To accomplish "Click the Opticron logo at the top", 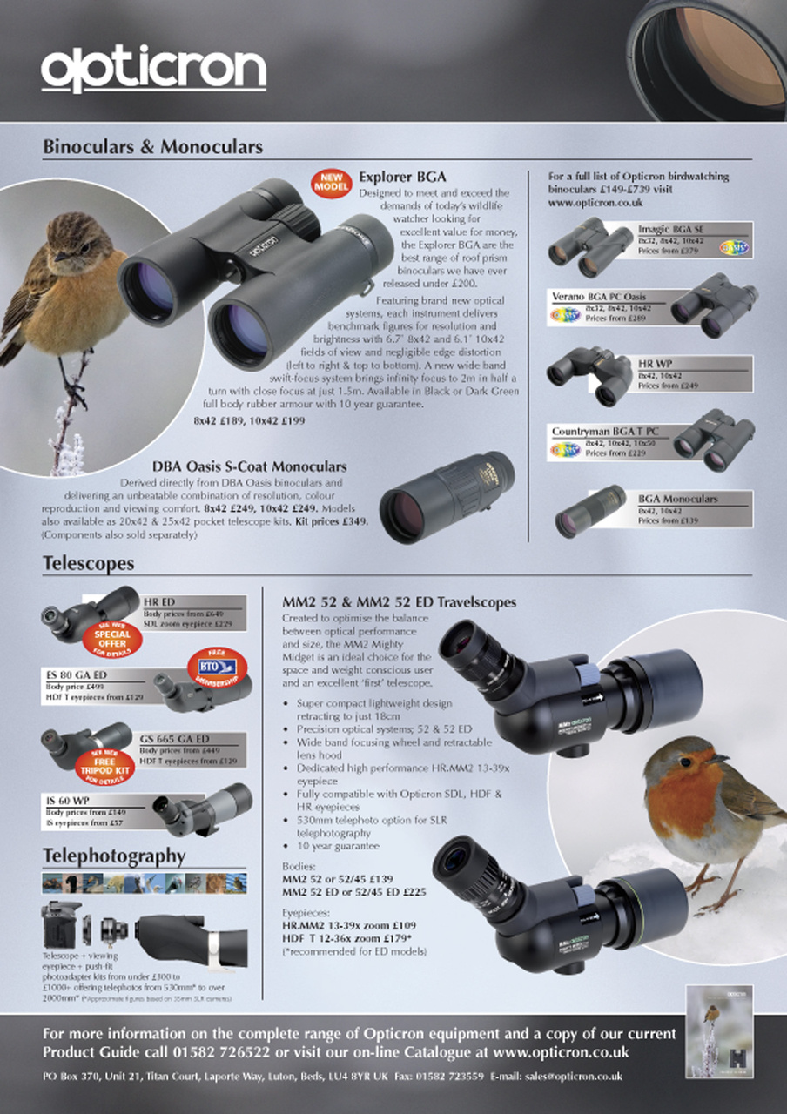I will (x=153, y=67).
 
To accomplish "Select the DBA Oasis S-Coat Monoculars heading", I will (x=249, y=467).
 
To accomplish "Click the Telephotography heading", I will (x=115, y=856).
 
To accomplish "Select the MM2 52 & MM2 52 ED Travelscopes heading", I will (x=399, y=601).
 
